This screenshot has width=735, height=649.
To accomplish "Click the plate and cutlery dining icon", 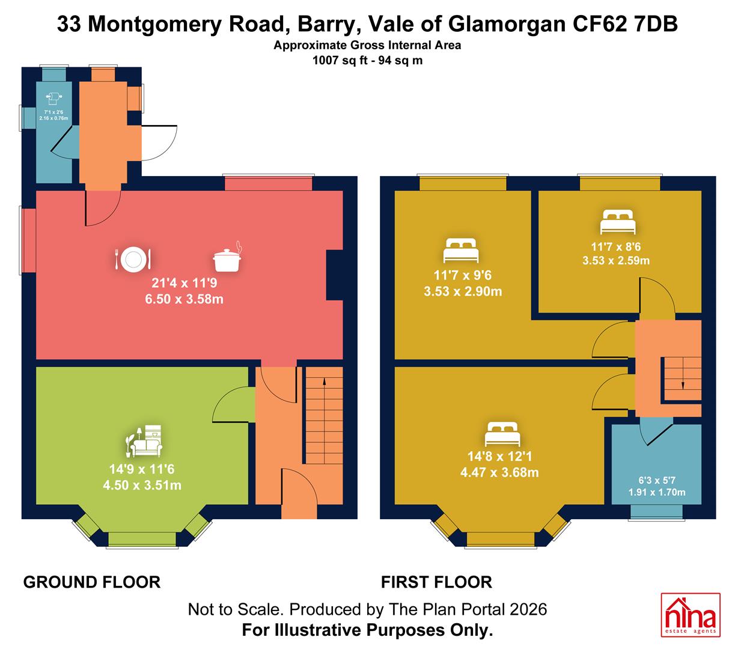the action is tap(132, 258).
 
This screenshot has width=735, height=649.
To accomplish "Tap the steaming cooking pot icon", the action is tap(227, 257).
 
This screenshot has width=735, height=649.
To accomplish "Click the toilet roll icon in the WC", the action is tap(53, 99).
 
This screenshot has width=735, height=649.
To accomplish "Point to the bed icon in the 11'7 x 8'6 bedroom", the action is tap(618, 222).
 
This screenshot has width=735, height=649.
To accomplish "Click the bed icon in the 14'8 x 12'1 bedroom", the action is tap(502, 434).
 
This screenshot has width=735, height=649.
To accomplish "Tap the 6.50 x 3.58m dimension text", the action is tap(185, 299).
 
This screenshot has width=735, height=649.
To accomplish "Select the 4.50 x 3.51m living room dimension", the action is tap(142, 485).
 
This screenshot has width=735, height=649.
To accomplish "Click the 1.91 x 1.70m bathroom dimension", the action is tap(657, 492).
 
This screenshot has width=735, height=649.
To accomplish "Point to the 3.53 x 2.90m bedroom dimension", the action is tap(463, 291).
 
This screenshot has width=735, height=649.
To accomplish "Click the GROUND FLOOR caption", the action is tap(92, 582).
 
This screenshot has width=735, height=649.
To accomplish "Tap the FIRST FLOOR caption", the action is tap(436, 582).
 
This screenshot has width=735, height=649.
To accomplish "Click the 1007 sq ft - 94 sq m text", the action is tap(368, 60).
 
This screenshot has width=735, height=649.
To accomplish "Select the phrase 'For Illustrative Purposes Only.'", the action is tap(368, 630).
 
